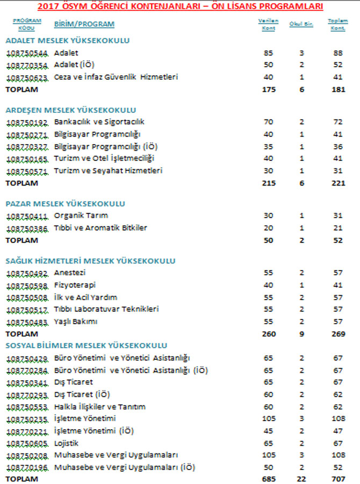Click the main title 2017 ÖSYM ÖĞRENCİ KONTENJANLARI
point(180,6)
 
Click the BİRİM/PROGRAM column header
point(84,25)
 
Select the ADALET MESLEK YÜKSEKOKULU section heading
point(67,40)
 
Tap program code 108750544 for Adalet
point(27,53)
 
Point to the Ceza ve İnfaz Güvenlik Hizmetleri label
point(116,77)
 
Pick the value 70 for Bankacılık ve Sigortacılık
point(269,122)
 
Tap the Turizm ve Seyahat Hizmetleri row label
point(108,171)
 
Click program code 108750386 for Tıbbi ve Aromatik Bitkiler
point(27,228)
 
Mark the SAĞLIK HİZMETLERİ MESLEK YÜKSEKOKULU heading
point(90,261)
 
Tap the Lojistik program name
point(66,443)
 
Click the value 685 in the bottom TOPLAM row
point(269,478)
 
